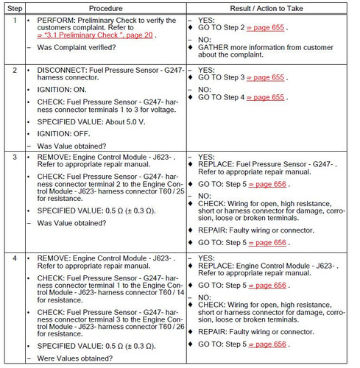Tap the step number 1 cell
coord(13,20)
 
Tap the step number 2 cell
coord(13,70)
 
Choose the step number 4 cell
coord(13,259)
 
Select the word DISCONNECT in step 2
coord(60,70)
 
